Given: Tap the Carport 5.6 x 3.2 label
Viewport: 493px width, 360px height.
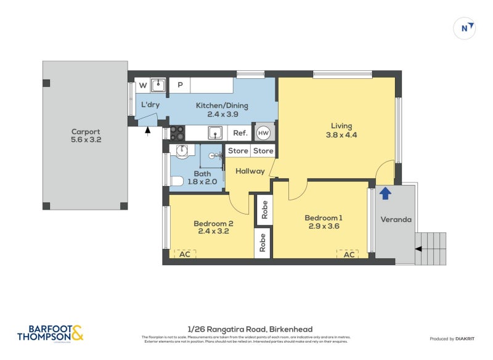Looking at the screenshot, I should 86,136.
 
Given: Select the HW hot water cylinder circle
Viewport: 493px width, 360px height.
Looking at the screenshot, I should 263,133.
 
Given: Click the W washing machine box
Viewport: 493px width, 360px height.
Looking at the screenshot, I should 142,85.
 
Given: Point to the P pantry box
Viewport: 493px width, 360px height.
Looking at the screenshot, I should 180,85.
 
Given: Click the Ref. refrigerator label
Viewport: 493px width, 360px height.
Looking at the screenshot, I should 240,133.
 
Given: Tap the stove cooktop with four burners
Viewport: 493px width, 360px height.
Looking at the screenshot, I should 177,133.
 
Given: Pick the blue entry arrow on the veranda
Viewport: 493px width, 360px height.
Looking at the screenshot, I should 385,194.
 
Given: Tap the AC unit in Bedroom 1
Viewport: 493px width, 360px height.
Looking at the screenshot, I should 349,254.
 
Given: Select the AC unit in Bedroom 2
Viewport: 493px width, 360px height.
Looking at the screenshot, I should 184,254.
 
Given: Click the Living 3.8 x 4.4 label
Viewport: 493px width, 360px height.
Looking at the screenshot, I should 341,131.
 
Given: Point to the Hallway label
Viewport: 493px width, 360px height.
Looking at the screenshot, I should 250,171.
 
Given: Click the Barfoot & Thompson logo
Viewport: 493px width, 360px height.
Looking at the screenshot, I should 50,333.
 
